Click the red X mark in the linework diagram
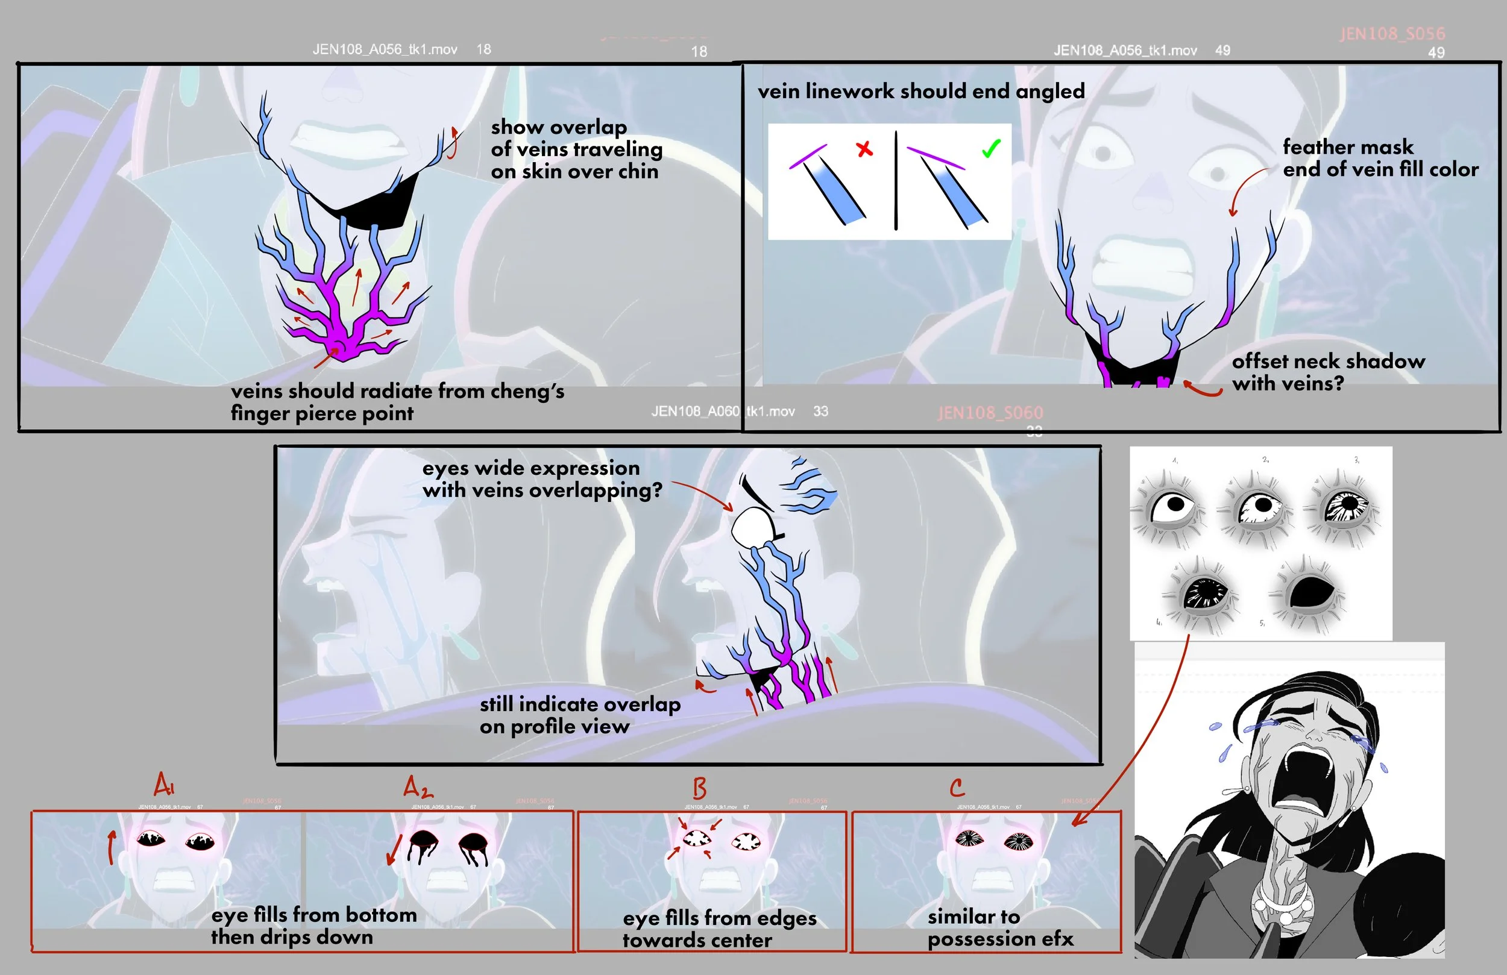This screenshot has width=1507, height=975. [864, 149]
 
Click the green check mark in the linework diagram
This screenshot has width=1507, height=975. [991, 149]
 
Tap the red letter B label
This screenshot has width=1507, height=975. [700, 788]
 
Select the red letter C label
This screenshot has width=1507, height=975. [957, 788]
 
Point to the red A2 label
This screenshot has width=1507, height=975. [418, 788]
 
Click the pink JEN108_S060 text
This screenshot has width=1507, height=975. [990, 413]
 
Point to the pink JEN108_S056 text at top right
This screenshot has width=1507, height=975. [1392, 34]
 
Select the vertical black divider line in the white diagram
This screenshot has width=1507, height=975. [896, 180]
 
